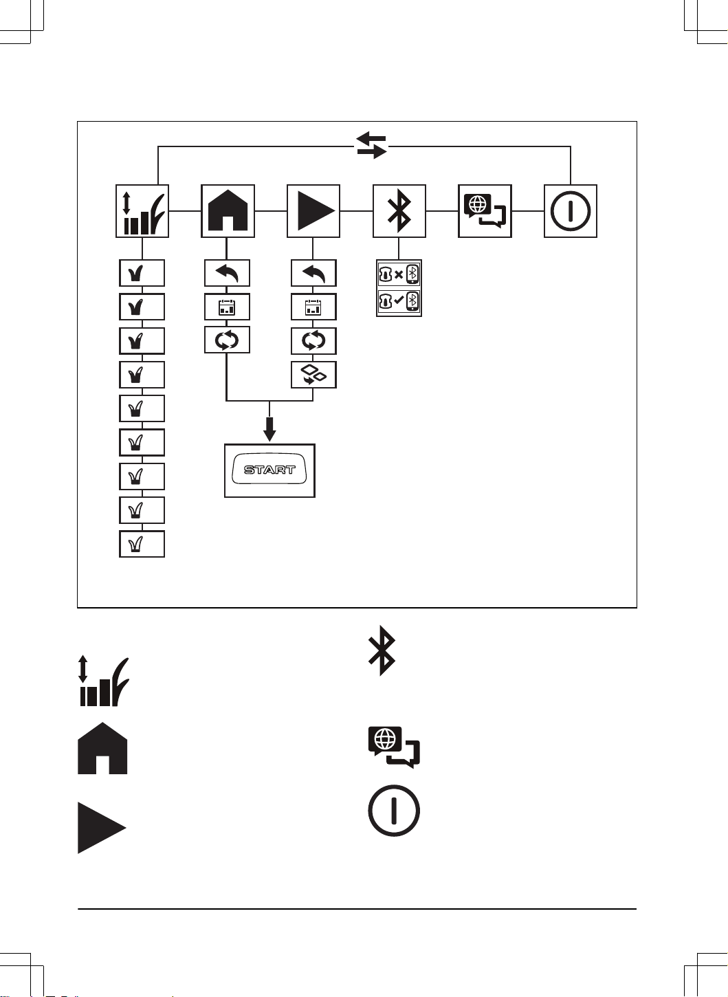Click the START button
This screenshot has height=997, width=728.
tap(269, 470)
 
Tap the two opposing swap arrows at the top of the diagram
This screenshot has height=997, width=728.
tap(372, 145)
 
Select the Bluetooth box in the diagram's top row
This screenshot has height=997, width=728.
tap(399, 211)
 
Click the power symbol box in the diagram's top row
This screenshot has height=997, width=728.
tap(571, 211)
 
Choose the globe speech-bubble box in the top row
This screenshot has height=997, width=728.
tap(485, 211)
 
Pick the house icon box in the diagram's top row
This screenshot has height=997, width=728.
tap(228, 211)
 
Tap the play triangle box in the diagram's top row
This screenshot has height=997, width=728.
tap(313, 211)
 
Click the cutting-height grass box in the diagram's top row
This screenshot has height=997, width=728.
tap(142, 211)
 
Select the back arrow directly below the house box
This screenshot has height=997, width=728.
tap(227, 273)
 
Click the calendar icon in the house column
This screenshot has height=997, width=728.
tap(227, 307)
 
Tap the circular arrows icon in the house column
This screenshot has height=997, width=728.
tap(227, 340)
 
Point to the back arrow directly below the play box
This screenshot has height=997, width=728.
tap(313, 273)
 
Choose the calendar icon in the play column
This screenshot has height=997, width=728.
tap(313, 307)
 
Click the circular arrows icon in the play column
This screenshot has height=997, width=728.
tap(313, 341)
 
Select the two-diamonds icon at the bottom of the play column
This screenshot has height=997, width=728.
tap(313, 375)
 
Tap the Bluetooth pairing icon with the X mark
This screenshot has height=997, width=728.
tap(399, 274)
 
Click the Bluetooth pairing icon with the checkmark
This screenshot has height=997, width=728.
tap(399, 301)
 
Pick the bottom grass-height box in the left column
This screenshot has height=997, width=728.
tap(142, 544)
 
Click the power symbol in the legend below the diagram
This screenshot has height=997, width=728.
tap(394, 810)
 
